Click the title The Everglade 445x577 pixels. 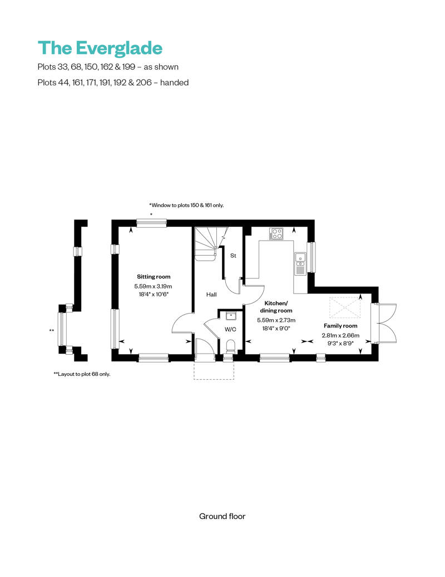pos(100,48)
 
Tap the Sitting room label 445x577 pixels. pos(154,277)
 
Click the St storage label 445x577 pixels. pos(233,256)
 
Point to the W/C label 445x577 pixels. pos(230,330)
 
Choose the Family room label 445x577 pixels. pos(340,326)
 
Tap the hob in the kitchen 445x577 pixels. pos(276,234)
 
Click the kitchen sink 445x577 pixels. pos(300,258)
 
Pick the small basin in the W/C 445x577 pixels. pos(231,316)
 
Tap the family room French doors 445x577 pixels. pos(386,323)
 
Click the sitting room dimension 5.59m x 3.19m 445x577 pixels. pos(154,286)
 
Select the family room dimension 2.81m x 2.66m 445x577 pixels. pos(340,335)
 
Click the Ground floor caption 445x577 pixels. pos(222,516)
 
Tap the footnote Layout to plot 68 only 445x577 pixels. pos(82,374)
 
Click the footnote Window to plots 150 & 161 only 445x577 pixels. pos(186,206)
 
